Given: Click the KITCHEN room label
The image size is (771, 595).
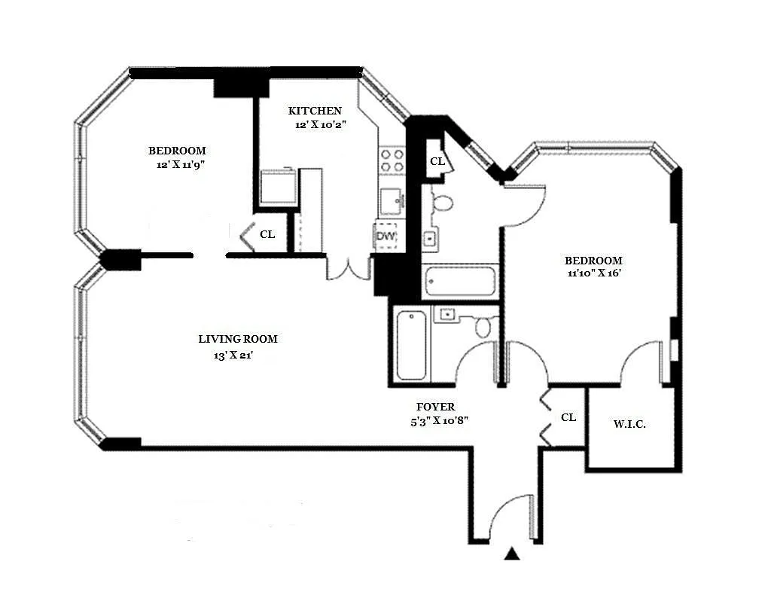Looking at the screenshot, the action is click(x=315, y=111).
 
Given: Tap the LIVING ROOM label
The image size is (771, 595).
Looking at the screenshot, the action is click(x=238, y=339).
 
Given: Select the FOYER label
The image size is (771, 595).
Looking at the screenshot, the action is click(x=436, y=407).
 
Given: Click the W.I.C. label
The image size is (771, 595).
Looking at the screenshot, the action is click(x=629, y=424).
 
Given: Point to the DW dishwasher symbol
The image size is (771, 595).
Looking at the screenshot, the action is click(x=386, y=236).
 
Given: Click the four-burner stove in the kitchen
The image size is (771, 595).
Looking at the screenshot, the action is click(x=392, y=160).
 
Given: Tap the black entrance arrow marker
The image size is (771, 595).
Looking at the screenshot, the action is click(x=512, y=554).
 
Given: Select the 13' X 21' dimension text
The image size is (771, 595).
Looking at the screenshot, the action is click(x=233, y=355).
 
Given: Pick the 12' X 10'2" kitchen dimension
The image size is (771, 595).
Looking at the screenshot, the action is click(x=321, y=125).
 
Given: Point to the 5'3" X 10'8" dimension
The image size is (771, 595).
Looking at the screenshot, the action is click(x=440, y=421).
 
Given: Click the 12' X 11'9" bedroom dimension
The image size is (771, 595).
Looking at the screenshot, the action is click(x=181, y=165).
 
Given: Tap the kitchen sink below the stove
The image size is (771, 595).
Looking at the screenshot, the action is click(x=392, y=201).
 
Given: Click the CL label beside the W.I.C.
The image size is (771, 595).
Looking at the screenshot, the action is click(x=568, y=417).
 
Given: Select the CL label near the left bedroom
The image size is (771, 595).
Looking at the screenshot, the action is click(x=267, y=234).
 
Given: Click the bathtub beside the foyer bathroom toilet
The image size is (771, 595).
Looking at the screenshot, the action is click(x=412, y=345).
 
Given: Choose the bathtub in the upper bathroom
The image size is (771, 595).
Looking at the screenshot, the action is click(x=460, y=281).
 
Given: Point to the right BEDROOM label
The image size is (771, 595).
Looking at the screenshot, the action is click(x=593, y=260).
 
